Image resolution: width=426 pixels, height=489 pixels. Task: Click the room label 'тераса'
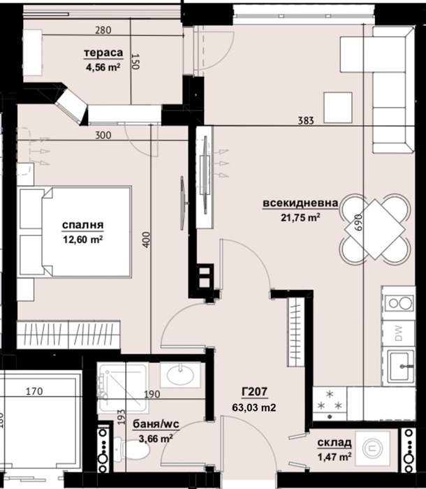click(x=103, y=53)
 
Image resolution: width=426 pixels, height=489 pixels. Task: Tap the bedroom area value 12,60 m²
click(x=83, y=240)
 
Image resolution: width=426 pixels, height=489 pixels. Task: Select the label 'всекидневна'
click(x=300, y=203)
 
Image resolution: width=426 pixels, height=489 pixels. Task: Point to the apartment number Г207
click(x=254, y=392)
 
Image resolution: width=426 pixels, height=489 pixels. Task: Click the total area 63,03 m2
click(x=254, y=407)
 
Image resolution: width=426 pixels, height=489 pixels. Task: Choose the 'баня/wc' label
click(x=156, y=424)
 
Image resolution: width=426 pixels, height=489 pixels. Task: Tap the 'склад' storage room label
click(x=335, y=442)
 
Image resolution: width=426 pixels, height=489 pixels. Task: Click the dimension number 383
click(x=306, y=120)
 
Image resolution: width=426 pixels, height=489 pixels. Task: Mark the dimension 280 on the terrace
click(x=103, y=30)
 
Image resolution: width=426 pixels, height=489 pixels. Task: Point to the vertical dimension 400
click(x=146, y=240)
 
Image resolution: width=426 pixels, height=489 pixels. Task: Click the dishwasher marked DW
click(x=399, y=333)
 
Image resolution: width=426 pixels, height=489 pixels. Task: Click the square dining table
click(x=374, y=230)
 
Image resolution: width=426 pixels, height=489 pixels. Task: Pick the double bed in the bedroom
click(x=74, y=232)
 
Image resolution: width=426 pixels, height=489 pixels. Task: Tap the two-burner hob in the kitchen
click(x=399, y=302)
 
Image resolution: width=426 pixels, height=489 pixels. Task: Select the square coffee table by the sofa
click(x=338, y=108)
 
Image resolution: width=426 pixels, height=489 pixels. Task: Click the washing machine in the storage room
click(x=373, y=448)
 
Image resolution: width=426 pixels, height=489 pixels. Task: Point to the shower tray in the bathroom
click(x=123, y=388)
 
